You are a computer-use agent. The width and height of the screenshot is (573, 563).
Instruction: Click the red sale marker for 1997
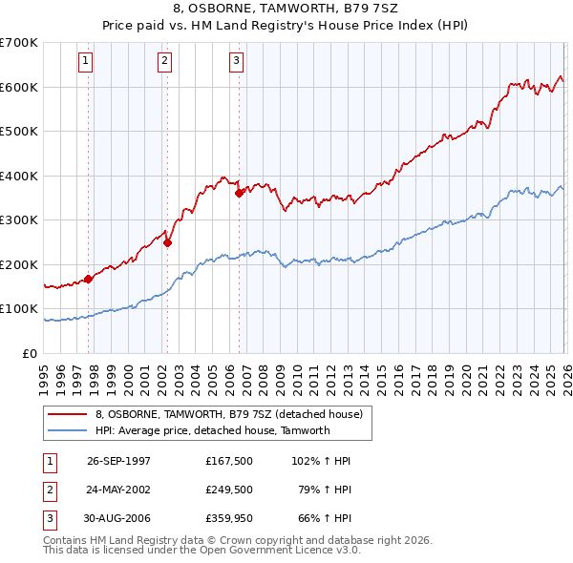point(89,279)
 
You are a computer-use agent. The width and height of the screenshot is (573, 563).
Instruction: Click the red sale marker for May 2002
point(167,242)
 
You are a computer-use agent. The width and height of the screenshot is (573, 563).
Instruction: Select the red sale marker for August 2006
point(239,193)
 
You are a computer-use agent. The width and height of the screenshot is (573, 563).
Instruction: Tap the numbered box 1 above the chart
point(86,61)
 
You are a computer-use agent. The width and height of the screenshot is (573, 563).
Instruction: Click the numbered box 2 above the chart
point(164,61)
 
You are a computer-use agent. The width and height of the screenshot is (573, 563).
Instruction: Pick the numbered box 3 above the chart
point(236,61)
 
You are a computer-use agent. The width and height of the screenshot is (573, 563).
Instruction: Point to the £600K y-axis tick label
point(19,87)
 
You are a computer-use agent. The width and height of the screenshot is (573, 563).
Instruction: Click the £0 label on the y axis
point(31,353)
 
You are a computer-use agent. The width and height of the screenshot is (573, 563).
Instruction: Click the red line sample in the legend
point(67,415)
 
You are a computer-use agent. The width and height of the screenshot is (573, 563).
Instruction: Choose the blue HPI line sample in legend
point(67,430)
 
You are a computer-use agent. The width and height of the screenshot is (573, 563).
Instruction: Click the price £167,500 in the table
point(228,461)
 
